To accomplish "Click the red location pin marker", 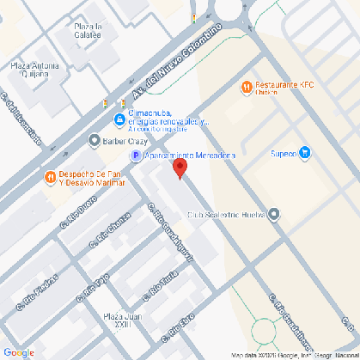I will pyautogui.click(x=180, y=168).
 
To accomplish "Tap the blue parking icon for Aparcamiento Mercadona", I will pyautogui.click(x=135, y=156).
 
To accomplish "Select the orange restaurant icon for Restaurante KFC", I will pyautogui.click(x=247, y=86).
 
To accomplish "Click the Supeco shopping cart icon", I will pyautogui.click(x=304, y=154).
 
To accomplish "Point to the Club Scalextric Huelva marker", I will pyautogui.click(x=274, y=215).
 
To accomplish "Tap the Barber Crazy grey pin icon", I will pyautogui.click(x=94, y=139).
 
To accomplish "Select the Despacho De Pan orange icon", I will pyautogui.click(x=50, y=177).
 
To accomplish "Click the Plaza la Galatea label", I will pyautogui.click(x=88, y=31).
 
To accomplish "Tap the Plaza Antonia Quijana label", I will pyautogui.click(x=34, y=70).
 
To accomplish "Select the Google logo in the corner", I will pyautogui.click(x=19, y=351).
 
